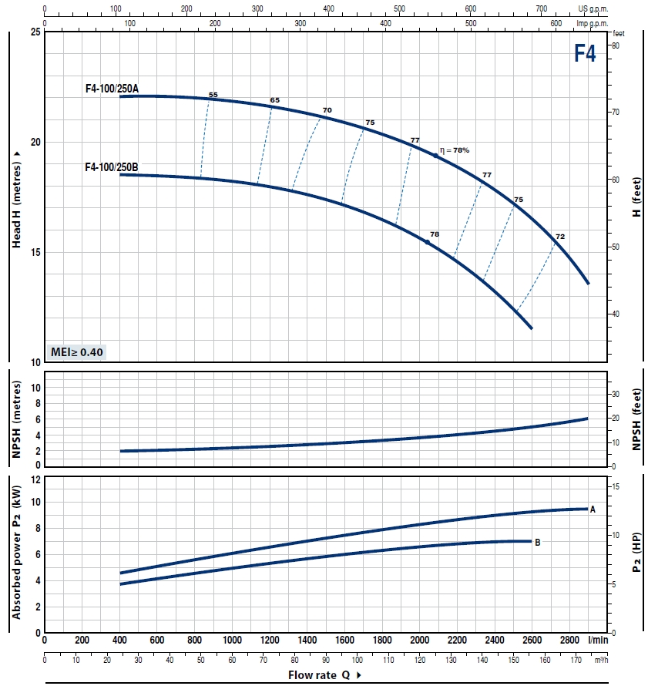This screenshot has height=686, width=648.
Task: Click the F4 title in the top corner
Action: coord(585,53)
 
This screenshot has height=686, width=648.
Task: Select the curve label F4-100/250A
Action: coord(112,89)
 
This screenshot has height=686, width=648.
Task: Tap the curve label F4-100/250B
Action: coord(112,166)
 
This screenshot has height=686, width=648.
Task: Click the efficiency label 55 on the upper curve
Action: coord(213,95)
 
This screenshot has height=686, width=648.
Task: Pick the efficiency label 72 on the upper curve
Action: coord(560,236)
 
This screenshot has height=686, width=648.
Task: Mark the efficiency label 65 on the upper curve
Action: coord(275,100)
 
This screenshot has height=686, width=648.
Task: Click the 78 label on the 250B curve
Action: coord(435,234)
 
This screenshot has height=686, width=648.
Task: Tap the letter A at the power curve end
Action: coord(593,509)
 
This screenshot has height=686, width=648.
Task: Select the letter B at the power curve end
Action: coord(537,543)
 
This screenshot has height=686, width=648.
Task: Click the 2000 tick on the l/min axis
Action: coord(420,641)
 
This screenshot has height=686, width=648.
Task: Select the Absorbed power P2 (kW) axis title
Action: coord(16,553)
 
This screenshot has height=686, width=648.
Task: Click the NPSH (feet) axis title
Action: coord(636,419)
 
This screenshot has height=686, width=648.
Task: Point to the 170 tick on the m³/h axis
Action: coord(576,660)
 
